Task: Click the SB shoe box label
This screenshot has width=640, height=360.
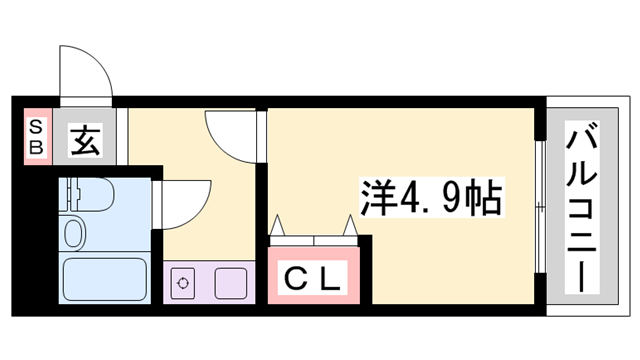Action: [35, 136]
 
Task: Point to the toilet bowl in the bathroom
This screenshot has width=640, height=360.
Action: [74, 234]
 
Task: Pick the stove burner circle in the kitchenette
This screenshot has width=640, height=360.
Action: [184, 282]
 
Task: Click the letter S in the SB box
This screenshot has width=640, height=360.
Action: [35, 127]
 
